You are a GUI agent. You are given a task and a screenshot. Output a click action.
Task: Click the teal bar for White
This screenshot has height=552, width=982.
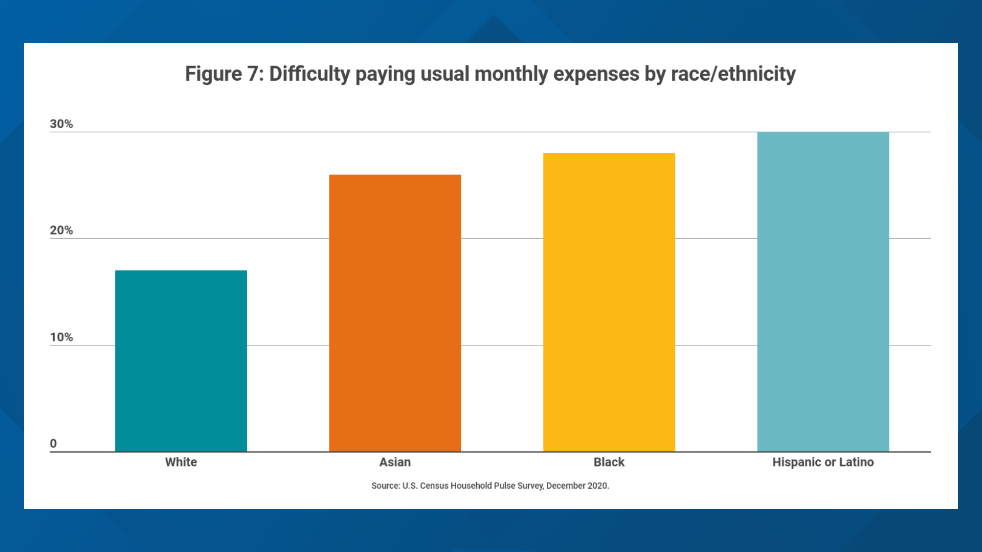click(181, 361)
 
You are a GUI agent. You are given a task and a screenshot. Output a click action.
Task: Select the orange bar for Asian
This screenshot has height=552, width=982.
click(395, 313)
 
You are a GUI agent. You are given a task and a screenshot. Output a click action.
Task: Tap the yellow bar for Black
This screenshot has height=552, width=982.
click(609, 302)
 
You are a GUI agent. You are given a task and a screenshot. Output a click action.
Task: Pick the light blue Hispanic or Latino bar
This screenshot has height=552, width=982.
click(823, 291)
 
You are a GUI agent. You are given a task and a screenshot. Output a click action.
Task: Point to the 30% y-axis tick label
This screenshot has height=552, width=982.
click(61, 124)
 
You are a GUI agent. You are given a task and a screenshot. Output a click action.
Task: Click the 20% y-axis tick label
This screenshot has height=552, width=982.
click(61, 231)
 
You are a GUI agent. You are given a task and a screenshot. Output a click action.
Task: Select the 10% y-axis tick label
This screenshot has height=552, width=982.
click(61, 337)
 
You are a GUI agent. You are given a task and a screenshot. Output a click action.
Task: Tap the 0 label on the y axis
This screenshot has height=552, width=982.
click(53, 444)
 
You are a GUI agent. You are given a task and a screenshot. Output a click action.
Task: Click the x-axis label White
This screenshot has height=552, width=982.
click(181, 462)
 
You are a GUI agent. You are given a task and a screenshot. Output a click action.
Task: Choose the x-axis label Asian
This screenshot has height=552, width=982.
click(395, 462)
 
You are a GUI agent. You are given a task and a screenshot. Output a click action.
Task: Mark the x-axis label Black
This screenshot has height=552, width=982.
click(609, 462)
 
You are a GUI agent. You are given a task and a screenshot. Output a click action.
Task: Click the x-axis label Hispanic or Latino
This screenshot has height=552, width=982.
click(823, 462)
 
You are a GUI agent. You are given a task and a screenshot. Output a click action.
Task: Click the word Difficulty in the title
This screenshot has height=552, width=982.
click(309, 74)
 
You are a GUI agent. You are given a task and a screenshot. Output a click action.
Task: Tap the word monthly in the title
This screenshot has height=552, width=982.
click(511, 74)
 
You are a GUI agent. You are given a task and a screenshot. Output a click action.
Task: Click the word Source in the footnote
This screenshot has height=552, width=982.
click(385, 486)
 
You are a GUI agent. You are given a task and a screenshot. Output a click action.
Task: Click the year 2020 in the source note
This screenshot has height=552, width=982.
click(597, 486)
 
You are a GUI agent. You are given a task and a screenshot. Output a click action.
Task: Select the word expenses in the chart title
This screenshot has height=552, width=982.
click(596, 74)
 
